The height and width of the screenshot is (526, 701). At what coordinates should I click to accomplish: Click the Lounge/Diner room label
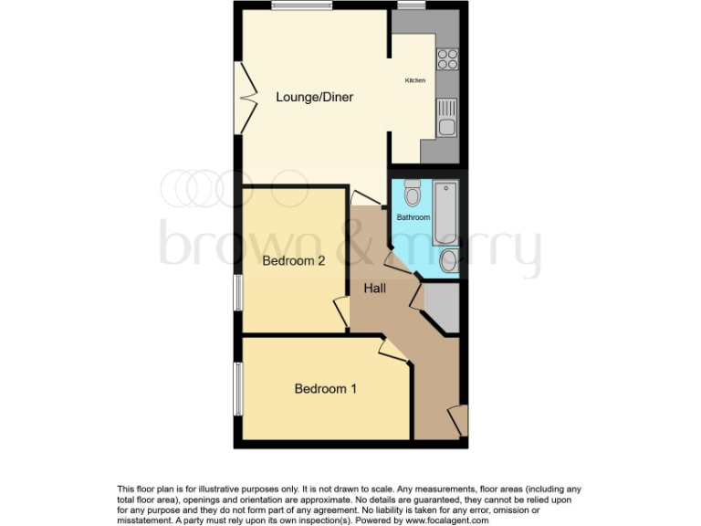point(315,97)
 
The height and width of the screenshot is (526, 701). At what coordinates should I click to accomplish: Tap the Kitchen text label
point(415,81)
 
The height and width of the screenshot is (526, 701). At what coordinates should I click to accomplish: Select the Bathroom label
point(413,217)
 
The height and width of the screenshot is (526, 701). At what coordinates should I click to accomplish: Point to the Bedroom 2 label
point(294,261)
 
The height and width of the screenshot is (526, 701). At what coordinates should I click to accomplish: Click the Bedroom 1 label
point(325,389)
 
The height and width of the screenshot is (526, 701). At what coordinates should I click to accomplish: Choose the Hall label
point(375,289)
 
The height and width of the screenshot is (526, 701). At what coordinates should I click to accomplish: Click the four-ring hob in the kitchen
point(447,59)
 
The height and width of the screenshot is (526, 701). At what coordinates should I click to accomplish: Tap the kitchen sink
point(446,119)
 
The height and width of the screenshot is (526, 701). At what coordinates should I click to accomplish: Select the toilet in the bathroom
point(413,195)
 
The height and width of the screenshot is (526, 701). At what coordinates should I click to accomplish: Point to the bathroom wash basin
point(448,262)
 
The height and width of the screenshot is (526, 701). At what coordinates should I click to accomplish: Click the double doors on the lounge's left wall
point(246,95)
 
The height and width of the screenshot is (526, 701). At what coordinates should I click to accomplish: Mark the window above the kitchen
point(410,5)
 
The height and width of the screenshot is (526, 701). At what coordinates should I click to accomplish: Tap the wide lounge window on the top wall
point(301,5)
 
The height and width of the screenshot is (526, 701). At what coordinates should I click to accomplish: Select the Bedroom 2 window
point(238,294)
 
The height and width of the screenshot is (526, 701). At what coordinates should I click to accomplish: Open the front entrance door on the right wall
point(459,419)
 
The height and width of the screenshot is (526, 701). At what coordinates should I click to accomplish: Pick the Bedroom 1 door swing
point(392,352)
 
